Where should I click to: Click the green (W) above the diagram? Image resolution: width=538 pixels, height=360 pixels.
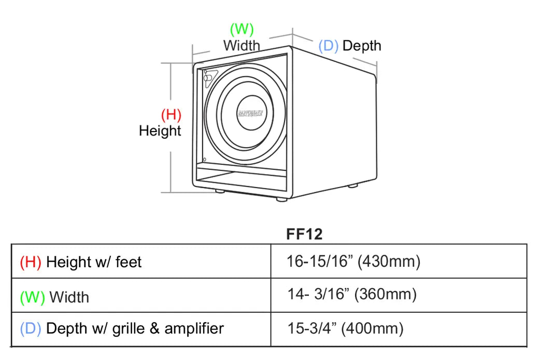(x=242, y=29)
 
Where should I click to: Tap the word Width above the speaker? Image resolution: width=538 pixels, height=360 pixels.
(x=242, y=46)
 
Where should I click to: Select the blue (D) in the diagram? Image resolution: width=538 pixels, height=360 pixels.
(x=328, y=46)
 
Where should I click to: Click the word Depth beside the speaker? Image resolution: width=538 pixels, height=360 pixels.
(x=362, y=46)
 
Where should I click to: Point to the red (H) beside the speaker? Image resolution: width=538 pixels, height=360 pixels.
(x=171, y=114)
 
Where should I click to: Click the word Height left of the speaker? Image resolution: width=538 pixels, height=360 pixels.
(x=160, y=131)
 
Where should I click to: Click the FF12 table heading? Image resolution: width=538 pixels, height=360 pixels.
(x=304, y=234)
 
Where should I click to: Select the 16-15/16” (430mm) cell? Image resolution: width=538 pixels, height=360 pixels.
(x=353, y=262)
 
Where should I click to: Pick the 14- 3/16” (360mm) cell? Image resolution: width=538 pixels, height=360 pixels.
(x=352, y=294)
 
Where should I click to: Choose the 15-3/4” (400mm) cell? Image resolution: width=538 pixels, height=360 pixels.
(x=345, y=328)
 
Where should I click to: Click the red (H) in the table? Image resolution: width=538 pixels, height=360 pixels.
(x=31, y=262)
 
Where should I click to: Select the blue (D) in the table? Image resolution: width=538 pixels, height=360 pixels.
(x=31, y=328)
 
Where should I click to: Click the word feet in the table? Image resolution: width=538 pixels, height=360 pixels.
(x=129, y=262)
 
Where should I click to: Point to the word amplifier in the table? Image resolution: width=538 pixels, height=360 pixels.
(x=194, y=328)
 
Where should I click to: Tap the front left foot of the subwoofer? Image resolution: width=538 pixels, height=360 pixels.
(x=220, y=191)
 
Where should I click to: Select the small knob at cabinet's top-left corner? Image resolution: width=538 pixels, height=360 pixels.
(x=208, y=78)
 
